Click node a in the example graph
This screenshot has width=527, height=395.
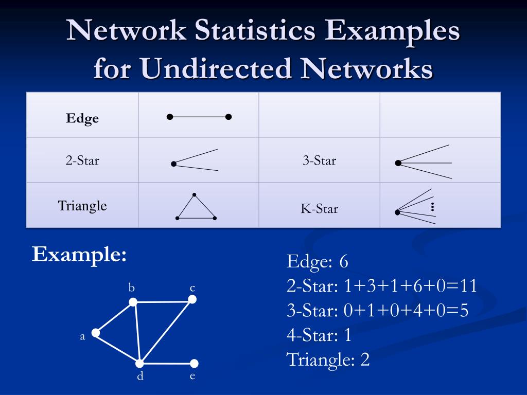(x=96, y=333)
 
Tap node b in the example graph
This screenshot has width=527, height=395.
(x=133, y=302)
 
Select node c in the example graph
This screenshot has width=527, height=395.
(x=192, y=299)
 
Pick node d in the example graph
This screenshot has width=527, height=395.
(x=139, y=364)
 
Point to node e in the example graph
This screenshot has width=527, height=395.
(x=194, y=364)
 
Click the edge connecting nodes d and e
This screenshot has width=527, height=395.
(x=167, y=364)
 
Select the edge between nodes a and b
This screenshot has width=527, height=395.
(x=114, y=318)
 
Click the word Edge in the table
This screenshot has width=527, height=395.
(x=82, y=118)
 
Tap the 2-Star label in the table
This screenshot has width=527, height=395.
(x=82, y=160)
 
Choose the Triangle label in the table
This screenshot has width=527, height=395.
(x=82, y=206)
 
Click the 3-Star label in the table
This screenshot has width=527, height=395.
(x=319, y=160)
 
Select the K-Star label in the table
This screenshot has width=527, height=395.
(x=319, y=209)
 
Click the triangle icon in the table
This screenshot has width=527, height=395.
(x=196, y=208)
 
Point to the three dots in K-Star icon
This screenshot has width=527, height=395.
(x=433, y=207)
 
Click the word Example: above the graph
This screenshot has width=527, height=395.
(x=79, y=254)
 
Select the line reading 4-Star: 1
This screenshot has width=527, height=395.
(x=319, y=335)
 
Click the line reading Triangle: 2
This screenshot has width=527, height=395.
(x=328, y=360)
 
